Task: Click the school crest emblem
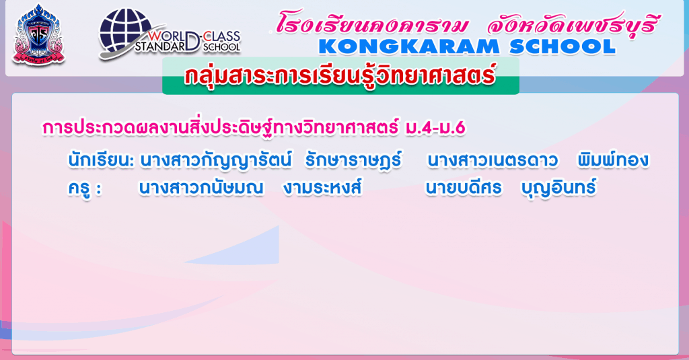(x=38, y=35)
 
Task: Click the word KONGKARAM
(x=408, y=47)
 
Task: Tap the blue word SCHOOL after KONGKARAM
(x=563, y=47)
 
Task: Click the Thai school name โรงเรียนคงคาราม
(x=372, y=24)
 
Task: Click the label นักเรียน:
(x=101, y=161)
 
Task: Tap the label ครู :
(x=84, y=188)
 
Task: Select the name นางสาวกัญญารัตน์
(x=215, y=160)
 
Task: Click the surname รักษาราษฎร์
(x=353, y=160)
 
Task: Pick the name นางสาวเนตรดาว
(x=493, y=161)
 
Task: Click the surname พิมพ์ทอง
(x=613, y=160)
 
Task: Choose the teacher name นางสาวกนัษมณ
(x=201, y=188)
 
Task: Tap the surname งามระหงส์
(x=322, y=188)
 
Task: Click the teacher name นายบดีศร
(x=464, y=188)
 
